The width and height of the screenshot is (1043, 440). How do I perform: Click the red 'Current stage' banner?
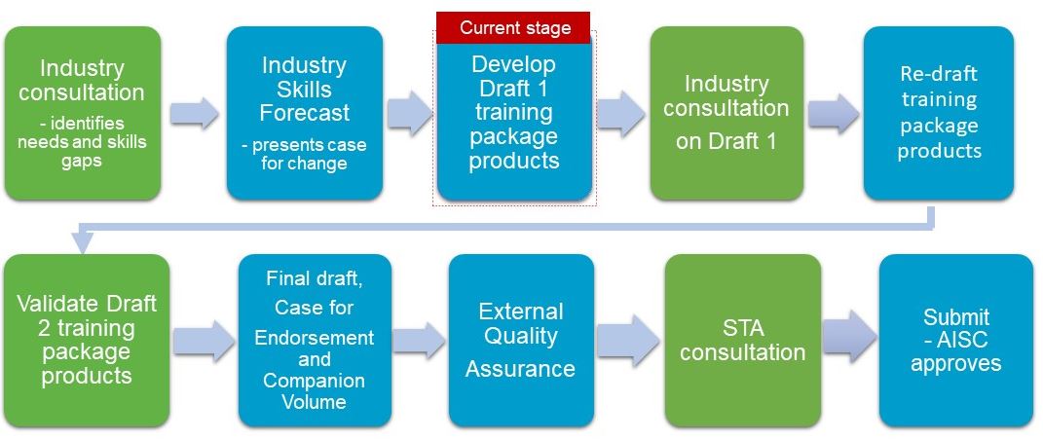[513, 27]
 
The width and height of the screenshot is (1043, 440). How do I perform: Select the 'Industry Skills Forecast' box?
[305, 113]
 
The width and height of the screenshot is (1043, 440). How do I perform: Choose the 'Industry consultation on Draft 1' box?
[726, 113]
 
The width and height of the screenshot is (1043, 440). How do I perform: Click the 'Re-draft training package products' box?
[939, 113]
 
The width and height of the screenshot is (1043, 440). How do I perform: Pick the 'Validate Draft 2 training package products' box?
[87, 341]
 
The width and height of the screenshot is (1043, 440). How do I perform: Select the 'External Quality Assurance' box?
[521, 341]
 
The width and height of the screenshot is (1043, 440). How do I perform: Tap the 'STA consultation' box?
[742, 341]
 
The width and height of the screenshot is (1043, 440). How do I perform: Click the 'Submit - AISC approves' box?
[956, 341]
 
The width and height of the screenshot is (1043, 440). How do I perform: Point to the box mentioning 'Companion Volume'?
[314, 341]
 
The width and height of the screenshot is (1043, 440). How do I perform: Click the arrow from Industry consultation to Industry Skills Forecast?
[194, 113]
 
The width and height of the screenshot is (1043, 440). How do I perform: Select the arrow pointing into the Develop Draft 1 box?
[410, 112]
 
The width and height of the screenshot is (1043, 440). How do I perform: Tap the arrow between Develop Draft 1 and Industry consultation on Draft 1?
[620, 112]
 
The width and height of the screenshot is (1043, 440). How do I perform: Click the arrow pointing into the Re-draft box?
[834, 112]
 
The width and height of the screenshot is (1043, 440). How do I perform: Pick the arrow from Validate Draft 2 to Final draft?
[205, 341]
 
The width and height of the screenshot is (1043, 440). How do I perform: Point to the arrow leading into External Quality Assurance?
[420, 341]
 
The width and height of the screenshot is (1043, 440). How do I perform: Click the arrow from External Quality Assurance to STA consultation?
[628, 341]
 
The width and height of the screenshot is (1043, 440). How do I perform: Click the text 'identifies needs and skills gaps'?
[83, 142]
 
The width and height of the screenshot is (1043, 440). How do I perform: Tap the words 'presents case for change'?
[305, 154]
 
